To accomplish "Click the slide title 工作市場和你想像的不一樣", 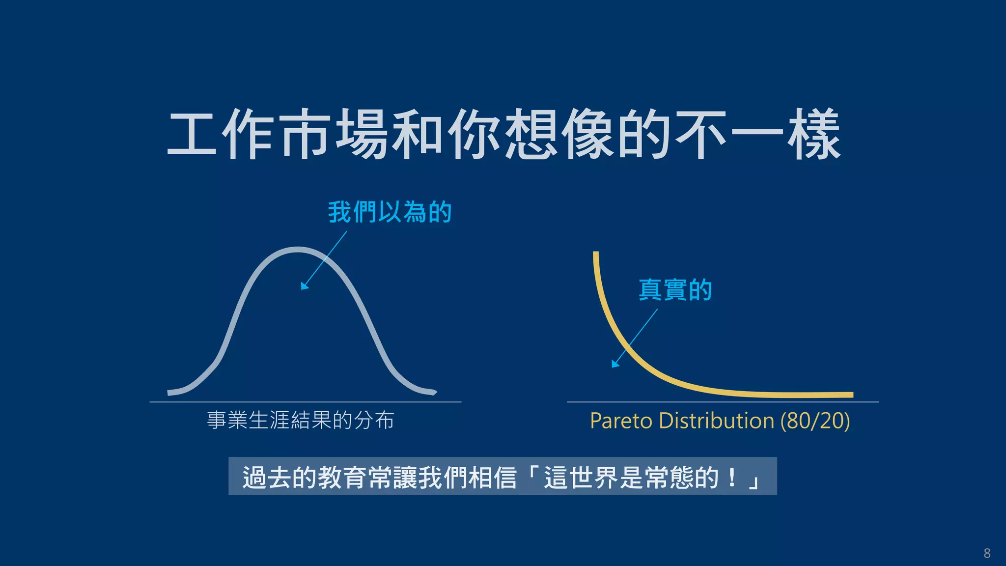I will pos(503,134).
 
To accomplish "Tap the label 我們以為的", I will pos(390,212).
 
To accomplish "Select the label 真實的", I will pos(675,289).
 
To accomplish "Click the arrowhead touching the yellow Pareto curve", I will pos(615,364).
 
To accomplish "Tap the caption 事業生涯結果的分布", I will pos(300,421).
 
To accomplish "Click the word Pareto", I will pos(621,421).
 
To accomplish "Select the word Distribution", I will pos(716,421).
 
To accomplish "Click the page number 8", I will pos(987,553).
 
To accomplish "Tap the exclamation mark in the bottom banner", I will pos(732,477).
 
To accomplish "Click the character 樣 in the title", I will pos(814,134).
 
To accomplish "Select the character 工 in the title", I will pos(192,134).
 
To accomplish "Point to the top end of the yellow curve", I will pos(596,254).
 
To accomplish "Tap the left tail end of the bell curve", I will pos(170,392).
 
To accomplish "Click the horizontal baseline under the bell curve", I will pos(305,402).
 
